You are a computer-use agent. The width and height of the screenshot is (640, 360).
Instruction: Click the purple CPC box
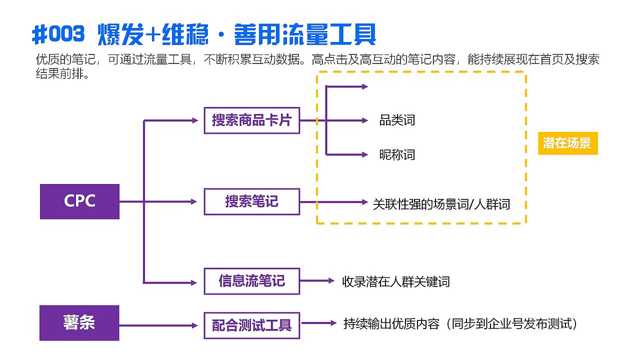pos(79,201)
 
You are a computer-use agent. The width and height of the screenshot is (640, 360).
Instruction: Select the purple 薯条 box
pos(79,323)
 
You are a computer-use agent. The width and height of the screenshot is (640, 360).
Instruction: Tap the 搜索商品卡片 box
pos(251,120)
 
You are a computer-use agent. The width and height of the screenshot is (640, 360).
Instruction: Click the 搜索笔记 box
pos(251,201)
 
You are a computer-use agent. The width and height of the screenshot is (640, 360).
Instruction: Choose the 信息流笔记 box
pos(251,281)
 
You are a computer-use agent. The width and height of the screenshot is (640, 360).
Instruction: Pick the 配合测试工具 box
pos(251,325)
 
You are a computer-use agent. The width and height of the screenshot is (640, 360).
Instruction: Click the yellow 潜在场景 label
pos(567,143)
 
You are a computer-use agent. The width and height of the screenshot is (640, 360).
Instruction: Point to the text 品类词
pos(397,120)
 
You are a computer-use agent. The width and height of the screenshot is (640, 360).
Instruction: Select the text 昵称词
pos(397,154)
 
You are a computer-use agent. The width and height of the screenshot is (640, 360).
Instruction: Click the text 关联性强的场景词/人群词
pos(441,204)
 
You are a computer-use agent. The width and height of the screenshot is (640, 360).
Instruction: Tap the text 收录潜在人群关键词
pos(396,282)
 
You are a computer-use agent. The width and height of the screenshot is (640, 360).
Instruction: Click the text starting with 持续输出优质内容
pos(460,324)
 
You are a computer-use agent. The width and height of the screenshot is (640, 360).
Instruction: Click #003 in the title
pos(58,34)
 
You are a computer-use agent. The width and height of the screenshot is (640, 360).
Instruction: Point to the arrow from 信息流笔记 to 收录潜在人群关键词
pos(317,281)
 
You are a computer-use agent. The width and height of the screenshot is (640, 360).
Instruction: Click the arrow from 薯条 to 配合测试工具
pos(159,325)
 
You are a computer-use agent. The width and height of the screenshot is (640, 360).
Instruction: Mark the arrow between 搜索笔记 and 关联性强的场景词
pos(333,202)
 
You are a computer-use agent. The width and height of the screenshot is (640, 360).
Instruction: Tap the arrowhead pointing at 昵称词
pos(364,154)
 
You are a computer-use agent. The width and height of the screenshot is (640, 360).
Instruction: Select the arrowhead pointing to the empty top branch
pos(364,86)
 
